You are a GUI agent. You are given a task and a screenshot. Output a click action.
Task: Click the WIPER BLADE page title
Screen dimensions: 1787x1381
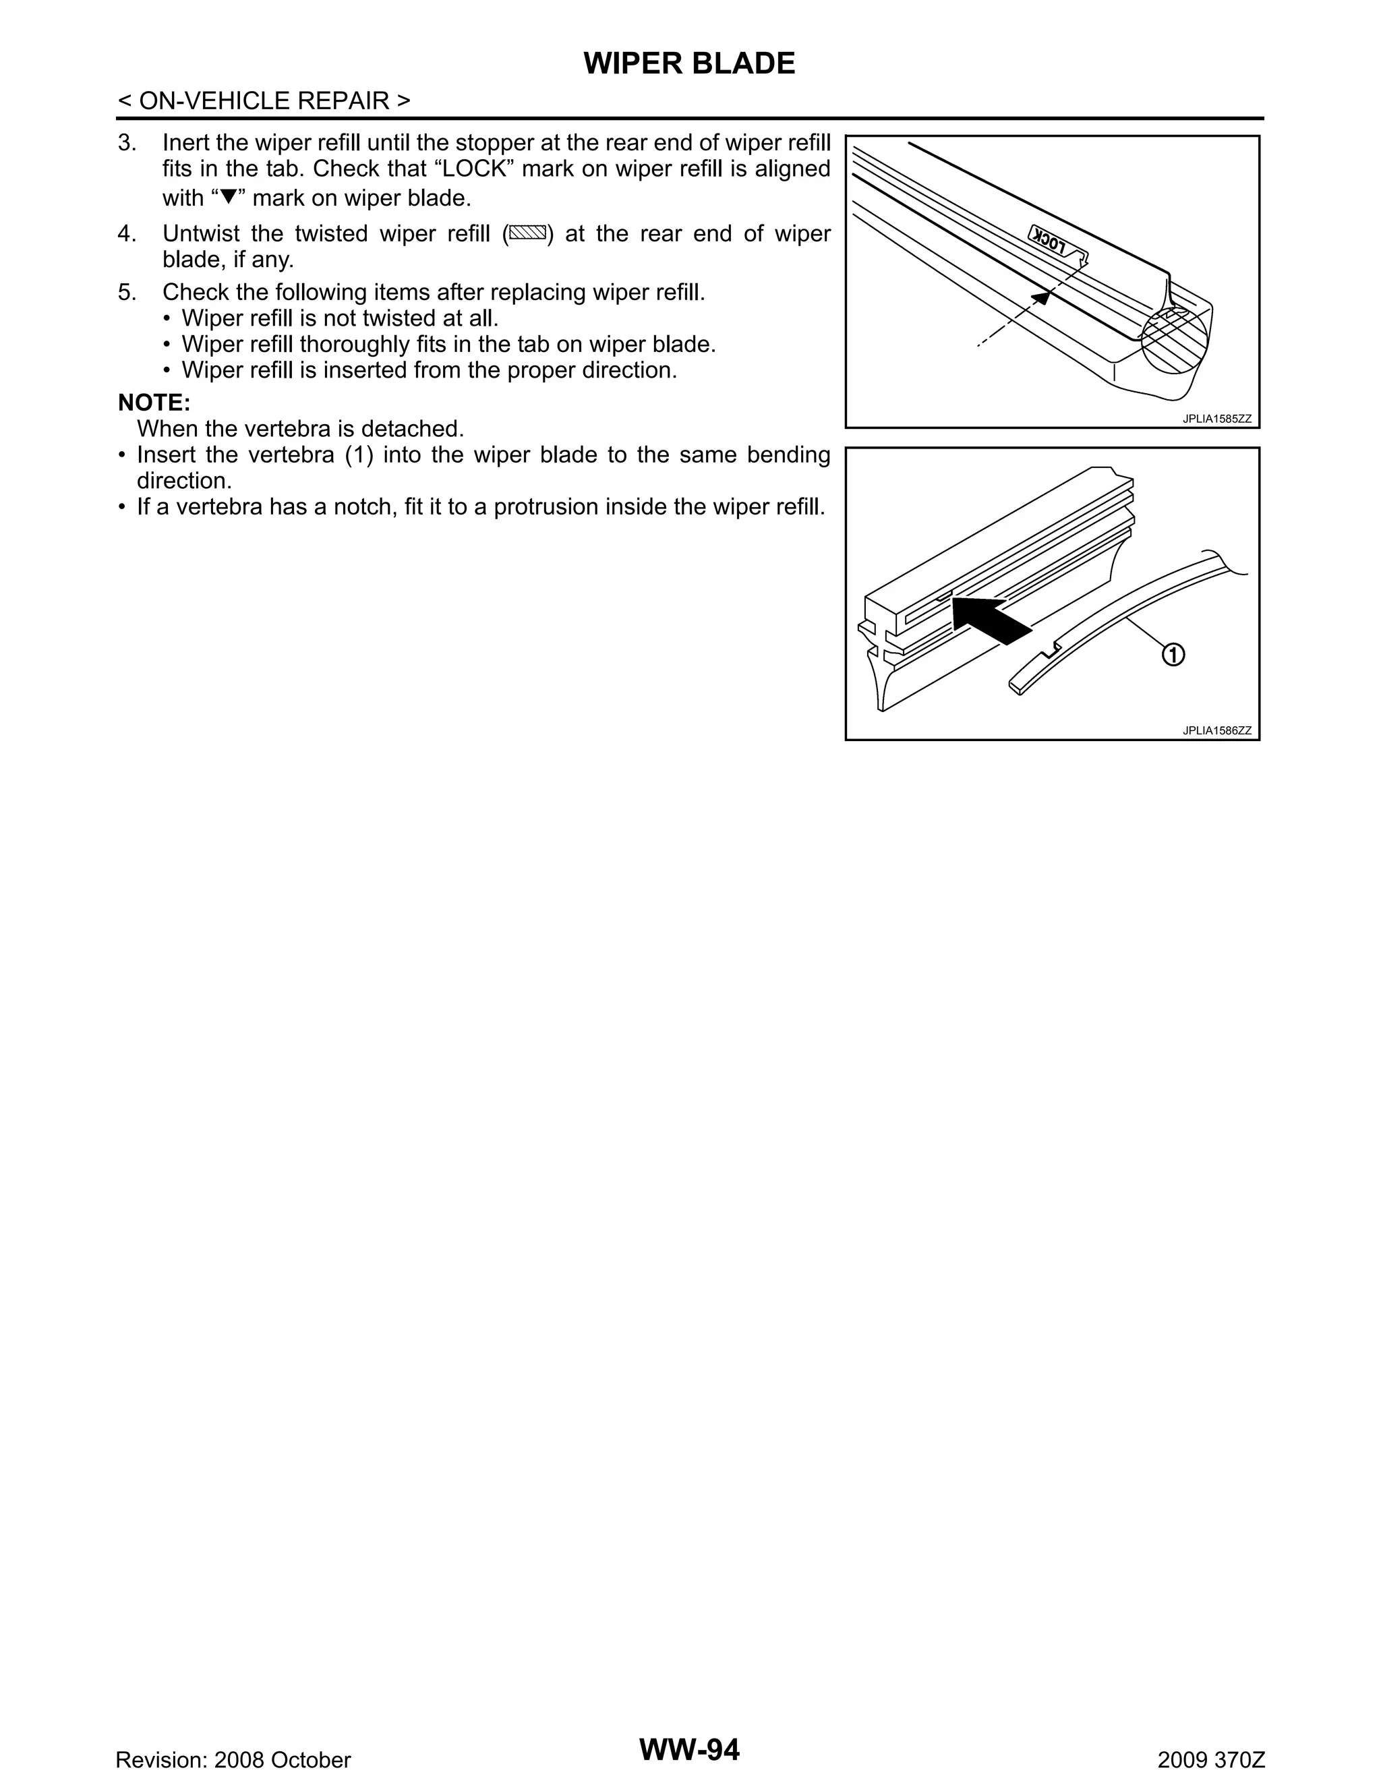(x=689, y=64)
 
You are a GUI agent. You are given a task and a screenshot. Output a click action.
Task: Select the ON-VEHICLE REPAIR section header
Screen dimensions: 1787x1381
(x=264, y=100)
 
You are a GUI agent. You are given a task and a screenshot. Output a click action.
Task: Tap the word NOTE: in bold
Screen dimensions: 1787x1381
(x=154, y=403)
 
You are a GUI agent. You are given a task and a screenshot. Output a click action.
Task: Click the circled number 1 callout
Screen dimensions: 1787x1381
(x=1173, y=655)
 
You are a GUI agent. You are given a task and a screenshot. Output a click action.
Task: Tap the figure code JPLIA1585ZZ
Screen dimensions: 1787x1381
(x=1216, y=419)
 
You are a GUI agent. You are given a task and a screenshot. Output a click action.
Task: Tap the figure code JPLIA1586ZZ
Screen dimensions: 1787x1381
(x=1216, y=731)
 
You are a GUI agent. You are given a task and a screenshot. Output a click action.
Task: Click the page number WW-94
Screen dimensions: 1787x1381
(x=689, y=1749)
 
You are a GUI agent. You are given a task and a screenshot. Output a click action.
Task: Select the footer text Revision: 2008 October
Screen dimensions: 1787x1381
(x=233, y=1760)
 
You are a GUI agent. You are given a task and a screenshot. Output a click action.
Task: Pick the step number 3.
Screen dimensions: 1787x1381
(x=126, y=142)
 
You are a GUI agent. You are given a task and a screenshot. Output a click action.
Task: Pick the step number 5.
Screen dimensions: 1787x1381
(x=126, y=292)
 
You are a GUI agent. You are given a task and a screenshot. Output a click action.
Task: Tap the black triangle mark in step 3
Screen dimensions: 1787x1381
(x=229, y=197)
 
